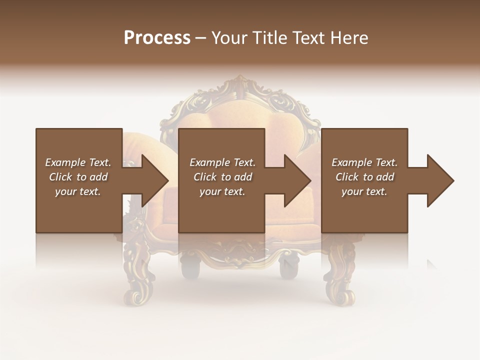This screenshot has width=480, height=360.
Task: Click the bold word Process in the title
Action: pyautogui.click(x=157, y=38)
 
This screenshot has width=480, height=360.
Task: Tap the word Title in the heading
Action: pyautogui.click(x=270, y=38)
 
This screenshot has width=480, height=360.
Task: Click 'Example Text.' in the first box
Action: pyautogui.click(x=78, y=162)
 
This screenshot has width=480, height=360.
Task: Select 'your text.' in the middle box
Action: pyautogui.click(x=222, y=191)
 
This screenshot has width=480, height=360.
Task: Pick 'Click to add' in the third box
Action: pyautogui.click(x=364, y=177)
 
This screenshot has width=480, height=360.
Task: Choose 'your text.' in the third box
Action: pyautogui.click(x=364, y=191)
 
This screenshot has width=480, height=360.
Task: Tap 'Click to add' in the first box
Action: pyautogui.click(x=78, y=177)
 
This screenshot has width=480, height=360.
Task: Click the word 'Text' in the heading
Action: pyautogui.click(x=308, y=38)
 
